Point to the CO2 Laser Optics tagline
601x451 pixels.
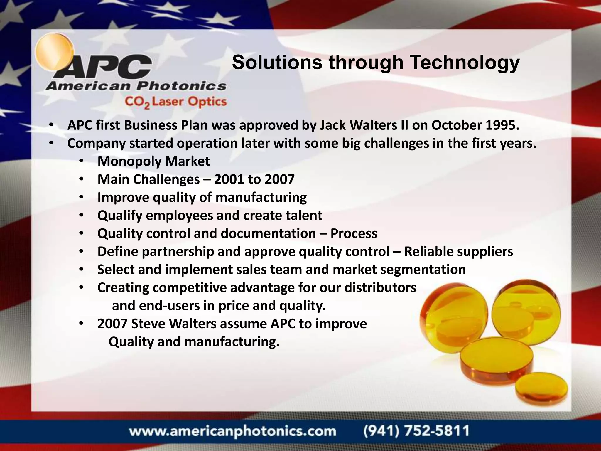(175, 102)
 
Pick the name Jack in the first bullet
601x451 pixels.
(332, 125)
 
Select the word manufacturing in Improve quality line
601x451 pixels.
(263, 198)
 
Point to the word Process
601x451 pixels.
(354, 234)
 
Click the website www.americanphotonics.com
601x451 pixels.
(233, 431)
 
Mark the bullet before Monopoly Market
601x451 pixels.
(81, 161)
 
